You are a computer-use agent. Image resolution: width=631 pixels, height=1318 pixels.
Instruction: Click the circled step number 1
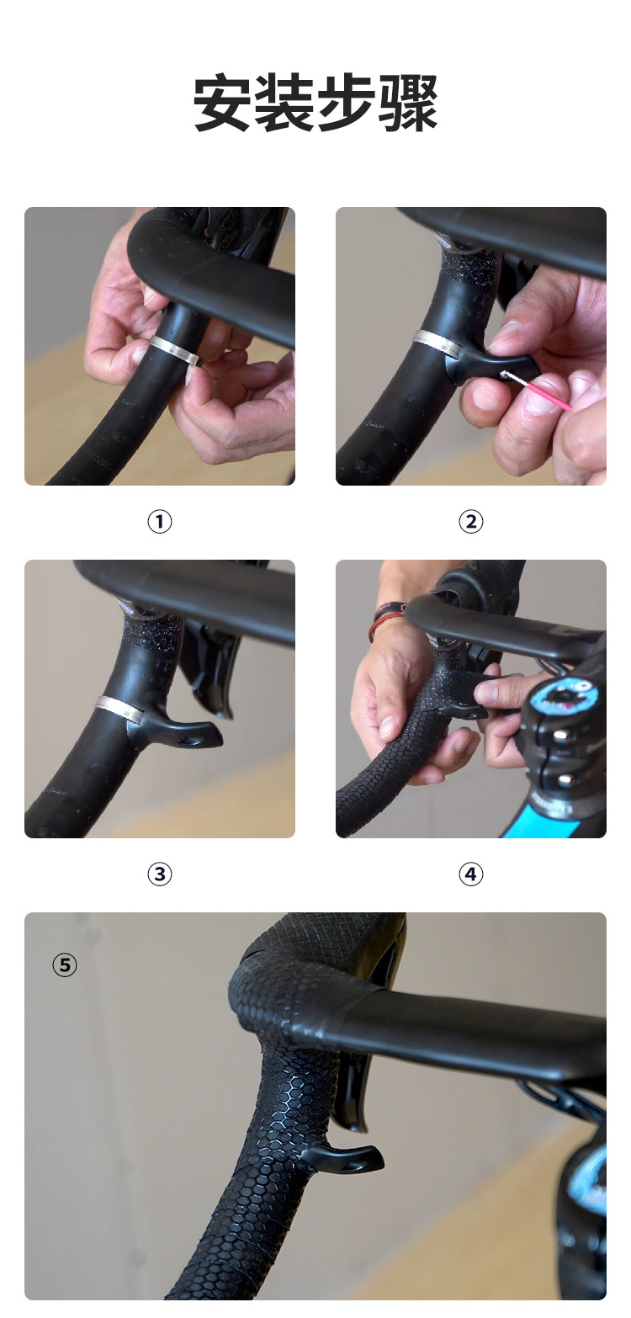coord(159,521)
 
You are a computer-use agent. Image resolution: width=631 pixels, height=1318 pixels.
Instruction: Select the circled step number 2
coord(470,521)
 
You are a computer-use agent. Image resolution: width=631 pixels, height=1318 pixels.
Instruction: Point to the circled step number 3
coord(159,874)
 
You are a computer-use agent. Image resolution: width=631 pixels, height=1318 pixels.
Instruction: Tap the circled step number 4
coord(470,874)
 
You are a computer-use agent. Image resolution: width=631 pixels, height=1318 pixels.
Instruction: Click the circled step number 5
coord(65,965)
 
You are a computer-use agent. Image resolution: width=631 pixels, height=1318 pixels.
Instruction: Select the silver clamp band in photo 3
coord(120,708)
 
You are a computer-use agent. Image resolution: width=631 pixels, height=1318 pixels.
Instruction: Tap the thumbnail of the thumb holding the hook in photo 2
coord(509,332)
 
